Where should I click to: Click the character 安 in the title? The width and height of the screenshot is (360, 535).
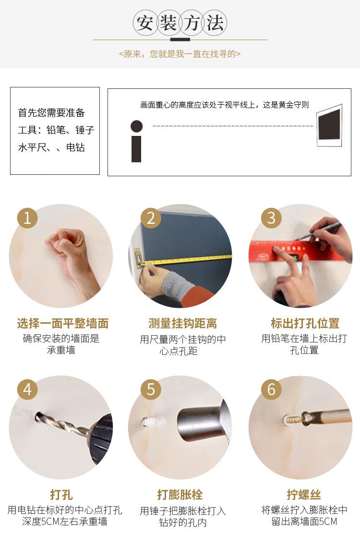coord(145,23)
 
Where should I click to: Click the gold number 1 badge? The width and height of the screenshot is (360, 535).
coord(27,218)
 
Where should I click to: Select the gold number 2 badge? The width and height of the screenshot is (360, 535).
coord(151,218)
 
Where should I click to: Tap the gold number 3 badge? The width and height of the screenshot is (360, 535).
coord(271,218)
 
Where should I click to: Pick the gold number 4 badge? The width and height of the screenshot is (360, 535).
coord(27,389)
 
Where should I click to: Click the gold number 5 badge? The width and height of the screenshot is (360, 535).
coord(151,389)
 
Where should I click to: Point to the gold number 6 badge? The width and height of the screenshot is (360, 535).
coord(271,389)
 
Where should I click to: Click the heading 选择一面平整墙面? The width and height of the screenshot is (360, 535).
coord(63,323)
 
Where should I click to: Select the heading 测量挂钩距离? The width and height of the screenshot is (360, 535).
coord(182,323)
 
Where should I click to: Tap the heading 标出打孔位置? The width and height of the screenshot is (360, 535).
coord(305,323)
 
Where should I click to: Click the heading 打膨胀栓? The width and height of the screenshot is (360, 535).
coord(180,494)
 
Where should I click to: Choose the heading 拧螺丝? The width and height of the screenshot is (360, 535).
coord(304,494)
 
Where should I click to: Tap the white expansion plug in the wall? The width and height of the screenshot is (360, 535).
coord(154,423)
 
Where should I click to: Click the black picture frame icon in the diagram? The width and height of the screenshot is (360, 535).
coord(329,125)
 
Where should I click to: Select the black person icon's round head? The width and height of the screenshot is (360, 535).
coord(136,126)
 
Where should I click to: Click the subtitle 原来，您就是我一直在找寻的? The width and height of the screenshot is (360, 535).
coord(180,54)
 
